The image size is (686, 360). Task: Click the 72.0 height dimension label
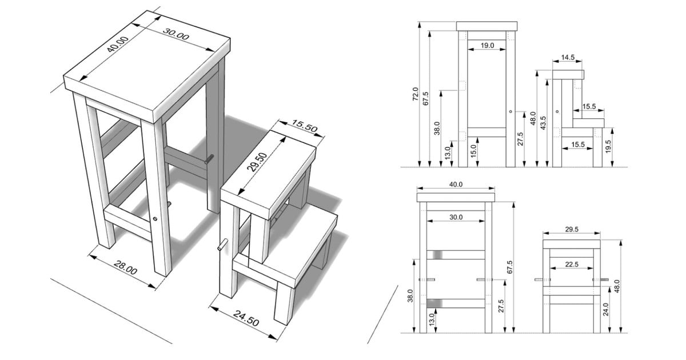pyautogui.click(x=415, y=94)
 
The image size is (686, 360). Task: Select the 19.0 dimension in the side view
pyautogui.click(x=487, y=46)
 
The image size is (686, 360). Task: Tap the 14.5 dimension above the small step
pyautogui.click(x=568, y=58)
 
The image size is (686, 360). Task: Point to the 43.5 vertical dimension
pyautogui.click(x=543, y=123)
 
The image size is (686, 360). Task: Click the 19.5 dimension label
pyautogui.click(x=608, y=147)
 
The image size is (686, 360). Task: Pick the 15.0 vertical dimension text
pyautogui.click(x=473, y=151)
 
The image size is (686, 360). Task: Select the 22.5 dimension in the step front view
pyautogui.click(x=572, y=264)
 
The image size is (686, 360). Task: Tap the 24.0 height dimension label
pyautogui.click(x=605, y=310)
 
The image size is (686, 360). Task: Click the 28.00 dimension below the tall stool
pyautogui.click(x=126, y=267)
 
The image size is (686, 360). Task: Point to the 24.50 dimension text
pyautogui.click(x=246, y=318)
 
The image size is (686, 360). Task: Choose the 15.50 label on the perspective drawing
pyautogui.click(x=304, y=126)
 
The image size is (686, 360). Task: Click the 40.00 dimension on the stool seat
pyautogui.click(x=118, y=45)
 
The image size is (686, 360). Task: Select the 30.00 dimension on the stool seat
pyautogui.click(x=176, y=34)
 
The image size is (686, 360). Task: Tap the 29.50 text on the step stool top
pyautogui.click(x=257, y=162)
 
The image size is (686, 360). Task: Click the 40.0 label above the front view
pyautogui.click(x=456, y=184)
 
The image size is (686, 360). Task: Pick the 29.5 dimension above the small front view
pyautogui.click(x=572, y=229)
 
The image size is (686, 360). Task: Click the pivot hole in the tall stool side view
pyautogui.click(x=510, y=111)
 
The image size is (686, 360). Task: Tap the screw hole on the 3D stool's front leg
pyautogui.click(x=155, y=218)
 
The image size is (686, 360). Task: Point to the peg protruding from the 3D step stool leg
pyautogui.click(x=222, y=245)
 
